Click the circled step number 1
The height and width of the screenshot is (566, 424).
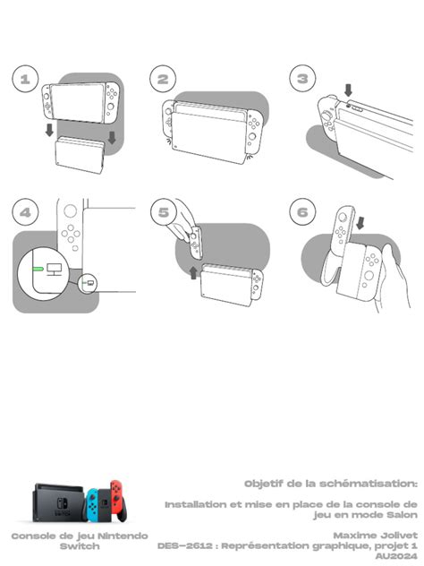[25, 79]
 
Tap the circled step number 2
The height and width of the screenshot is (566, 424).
[163, 79]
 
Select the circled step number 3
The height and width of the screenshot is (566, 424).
[302, 78]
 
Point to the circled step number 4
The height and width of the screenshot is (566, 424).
[25, 212]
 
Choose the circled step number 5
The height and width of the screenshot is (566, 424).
[164, 212]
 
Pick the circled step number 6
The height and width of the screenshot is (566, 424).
[302, 212]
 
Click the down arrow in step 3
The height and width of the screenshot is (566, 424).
[348, 90]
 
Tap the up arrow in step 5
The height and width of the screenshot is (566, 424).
[193, 272]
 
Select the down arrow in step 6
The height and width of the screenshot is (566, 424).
[360, 223]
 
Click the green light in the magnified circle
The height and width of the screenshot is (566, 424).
[38, 269]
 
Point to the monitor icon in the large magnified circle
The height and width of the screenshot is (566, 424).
[54, 270]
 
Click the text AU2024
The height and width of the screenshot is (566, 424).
[396, 556]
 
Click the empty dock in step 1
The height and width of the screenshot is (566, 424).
[80, 155]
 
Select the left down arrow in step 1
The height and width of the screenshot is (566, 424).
[49, 130]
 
